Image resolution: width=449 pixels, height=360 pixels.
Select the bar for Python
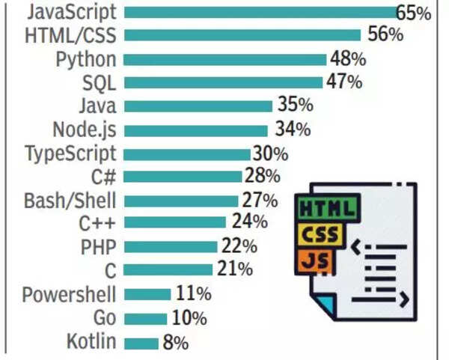(224, 58)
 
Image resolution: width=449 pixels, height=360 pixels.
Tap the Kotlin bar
(141, 343)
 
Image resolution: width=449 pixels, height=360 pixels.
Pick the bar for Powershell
(147, 293)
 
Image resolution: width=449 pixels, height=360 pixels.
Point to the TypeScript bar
(187, 153)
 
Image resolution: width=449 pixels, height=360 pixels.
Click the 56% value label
(386, 34)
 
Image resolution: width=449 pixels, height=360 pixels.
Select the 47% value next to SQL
(344, 82)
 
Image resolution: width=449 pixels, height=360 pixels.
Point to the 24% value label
(248, 222)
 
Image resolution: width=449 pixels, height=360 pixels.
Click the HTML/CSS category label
(71, 35)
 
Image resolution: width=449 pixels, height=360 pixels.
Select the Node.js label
(84, 129)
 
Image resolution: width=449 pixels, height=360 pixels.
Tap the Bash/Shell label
(70, 201)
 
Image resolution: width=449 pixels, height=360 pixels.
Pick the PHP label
(98, 246)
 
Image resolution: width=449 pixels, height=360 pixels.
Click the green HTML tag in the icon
(328, 205)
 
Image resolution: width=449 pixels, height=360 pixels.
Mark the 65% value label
(414, 13)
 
